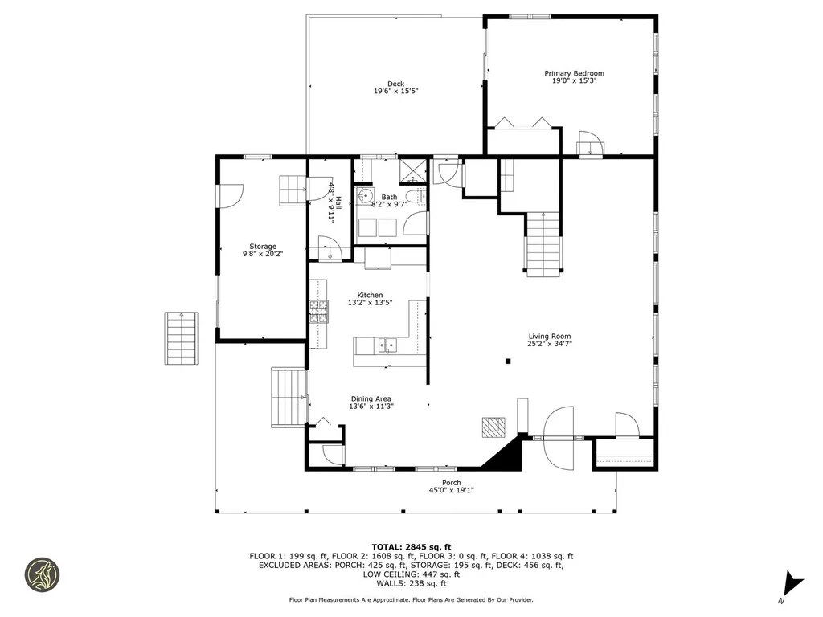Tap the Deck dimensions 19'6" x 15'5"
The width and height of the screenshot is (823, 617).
point(395,92)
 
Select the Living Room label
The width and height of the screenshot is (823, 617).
point(550,337)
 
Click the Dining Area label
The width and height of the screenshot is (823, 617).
point(371,398)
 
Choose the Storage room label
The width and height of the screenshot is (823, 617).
point(263,247)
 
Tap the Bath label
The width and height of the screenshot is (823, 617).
point(389,197)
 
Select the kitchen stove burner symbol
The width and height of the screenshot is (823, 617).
point(320,311)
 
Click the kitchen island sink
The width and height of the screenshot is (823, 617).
point(387,345)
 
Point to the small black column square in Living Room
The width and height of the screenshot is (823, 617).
point(508,362)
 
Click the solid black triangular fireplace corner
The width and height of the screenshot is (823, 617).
point(504,456)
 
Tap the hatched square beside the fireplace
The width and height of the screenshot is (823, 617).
point(491,427)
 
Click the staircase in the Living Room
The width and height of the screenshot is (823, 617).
point(543,243)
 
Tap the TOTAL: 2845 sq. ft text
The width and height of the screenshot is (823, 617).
point(411,546)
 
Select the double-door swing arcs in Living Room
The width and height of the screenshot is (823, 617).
point(560,438)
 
